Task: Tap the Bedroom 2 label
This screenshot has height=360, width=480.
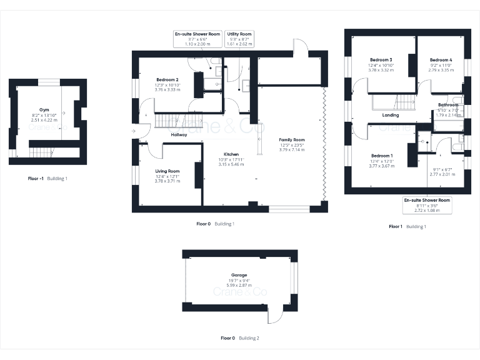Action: coord(167,80)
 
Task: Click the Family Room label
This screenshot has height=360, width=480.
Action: coord(291,139)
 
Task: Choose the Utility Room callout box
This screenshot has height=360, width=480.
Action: coord(239,39)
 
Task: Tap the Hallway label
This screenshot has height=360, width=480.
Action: coord(179,134)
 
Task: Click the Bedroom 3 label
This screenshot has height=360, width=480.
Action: coord(381,60)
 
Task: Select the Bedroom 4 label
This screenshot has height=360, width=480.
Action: coord(441,60)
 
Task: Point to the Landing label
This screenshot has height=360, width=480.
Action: coord(391,115)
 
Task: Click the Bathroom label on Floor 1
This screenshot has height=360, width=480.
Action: coord(447,105)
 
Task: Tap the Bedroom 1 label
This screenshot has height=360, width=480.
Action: coord(381,155)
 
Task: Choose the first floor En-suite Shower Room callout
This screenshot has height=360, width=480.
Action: coord(427,205)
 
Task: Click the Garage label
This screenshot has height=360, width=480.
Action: coord(239,275)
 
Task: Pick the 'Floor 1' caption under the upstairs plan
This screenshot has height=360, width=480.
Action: coord(396,226)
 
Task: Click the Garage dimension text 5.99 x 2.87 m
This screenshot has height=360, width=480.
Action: coord(239,285)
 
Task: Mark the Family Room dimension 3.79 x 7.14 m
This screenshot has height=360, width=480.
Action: coord(291,149)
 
